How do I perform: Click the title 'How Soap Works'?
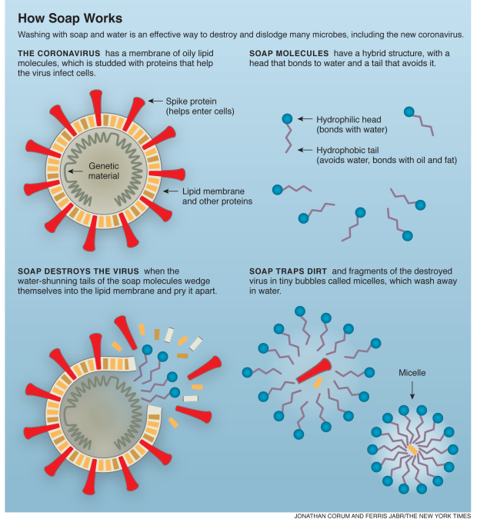pos(70,18)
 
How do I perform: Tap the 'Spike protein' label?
pos(191,101)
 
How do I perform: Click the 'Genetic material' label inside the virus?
pos(104,171)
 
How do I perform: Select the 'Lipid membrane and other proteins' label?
pos(217,196)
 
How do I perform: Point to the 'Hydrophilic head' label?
pos(349,119)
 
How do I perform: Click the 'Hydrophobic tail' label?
pos(348,150)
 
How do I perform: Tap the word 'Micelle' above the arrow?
pos(412,373)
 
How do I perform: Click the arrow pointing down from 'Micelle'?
pos(412,390)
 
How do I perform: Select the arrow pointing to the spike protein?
pos(155,101)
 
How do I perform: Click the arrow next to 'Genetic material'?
pos(75,171)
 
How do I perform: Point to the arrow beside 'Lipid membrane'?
pos(171,191)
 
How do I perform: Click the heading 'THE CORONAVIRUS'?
pos(59,53)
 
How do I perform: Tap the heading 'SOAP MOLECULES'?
pos(289,53)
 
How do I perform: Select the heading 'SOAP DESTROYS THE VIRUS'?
pos(78,271)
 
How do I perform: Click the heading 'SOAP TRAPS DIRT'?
pos(288,271)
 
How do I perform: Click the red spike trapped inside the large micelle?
pos(314,371)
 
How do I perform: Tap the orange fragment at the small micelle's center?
pos(412,450)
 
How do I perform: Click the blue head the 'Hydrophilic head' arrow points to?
pos(287,118)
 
